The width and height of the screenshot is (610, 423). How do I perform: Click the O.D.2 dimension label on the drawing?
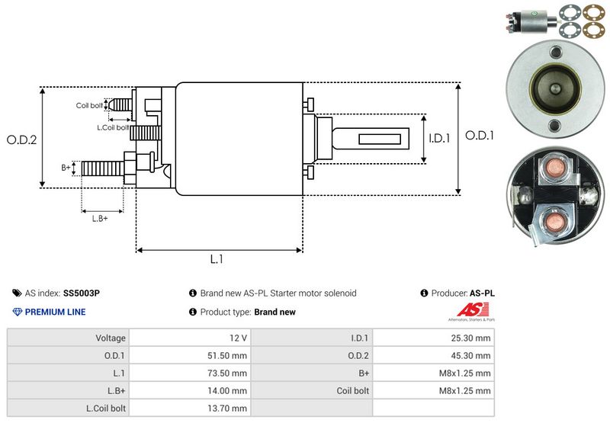(x=22, y=139)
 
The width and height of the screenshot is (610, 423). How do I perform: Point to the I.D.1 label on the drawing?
(x=440, y=139)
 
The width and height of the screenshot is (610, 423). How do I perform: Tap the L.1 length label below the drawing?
(x=217, y=259)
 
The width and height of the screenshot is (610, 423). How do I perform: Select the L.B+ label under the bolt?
(x=100, y=219)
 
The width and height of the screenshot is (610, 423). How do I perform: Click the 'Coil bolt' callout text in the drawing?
(x=88, y=105)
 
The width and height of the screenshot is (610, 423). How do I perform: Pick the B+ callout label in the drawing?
(x=66, y=166)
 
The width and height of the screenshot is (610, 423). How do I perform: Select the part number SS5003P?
(x=82, y=293)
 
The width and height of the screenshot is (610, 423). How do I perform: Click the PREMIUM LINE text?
(x=55, y=312)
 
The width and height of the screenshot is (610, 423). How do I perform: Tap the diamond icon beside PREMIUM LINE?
(x=18, y=312)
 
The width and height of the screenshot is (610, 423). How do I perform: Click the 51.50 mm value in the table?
(x=229, y=355)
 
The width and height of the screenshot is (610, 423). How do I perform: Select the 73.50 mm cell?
(x=229, y=373)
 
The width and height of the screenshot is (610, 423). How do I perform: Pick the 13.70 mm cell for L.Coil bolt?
(x=229, y=409)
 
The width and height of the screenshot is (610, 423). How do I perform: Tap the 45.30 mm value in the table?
(x=473, y=355)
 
